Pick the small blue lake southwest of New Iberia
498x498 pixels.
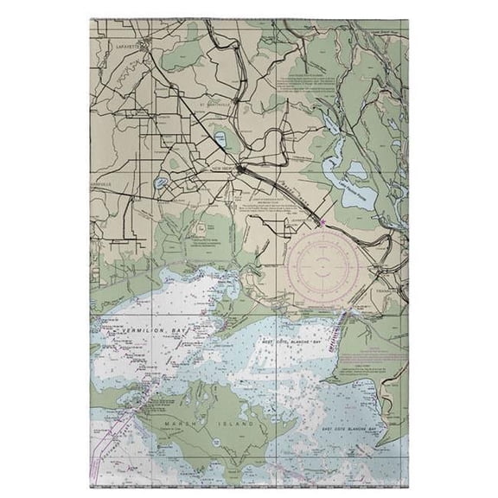(x=163, y=183)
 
